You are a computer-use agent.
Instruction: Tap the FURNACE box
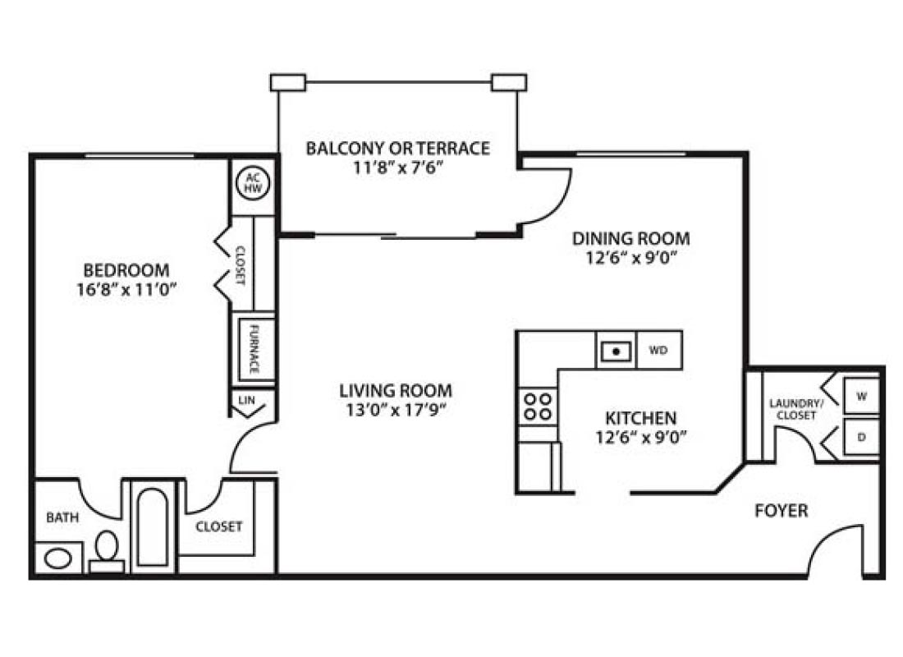[254, 348]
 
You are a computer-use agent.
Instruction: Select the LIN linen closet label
[246, 399]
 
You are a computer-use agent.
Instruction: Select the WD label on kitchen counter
[658, 351]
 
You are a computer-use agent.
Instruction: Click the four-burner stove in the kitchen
[538, 406]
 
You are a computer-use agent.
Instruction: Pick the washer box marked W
[861, 396]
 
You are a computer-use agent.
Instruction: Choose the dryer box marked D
[861, 437]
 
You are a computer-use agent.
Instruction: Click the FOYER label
[781, 511]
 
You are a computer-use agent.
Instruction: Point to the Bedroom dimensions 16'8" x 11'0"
[126, 288]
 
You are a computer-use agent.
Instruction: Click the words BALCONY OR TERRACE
[397, 149]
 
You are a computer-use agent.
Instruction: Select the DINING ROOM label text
[630, 239]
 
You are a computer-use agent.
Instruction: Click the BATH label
[62, 517]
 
